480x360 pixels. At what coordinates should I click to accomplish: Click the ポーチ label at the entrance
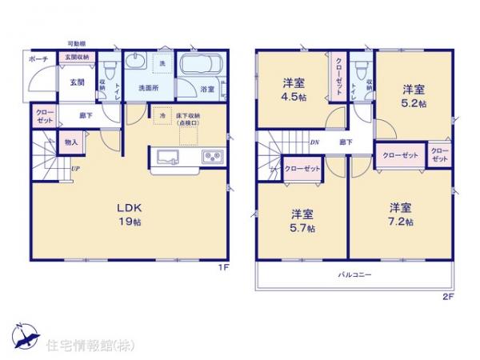click(38, 59)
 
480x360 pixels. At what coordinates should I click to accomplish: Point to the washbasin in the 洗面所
click(135, 64)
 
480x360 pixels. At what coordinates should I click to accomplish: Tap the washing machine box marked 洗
click(162, 64)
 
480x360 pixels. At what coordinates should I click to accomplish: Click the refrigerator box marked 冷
click(162, 116)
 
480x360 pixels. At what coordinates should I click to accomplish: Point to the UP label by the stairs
click(74, 169)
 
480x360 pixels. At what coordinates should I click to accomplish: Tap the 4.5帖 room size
click(292, 97)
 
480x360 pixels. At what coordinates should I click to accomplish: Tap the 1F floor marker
click(223, 266)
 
